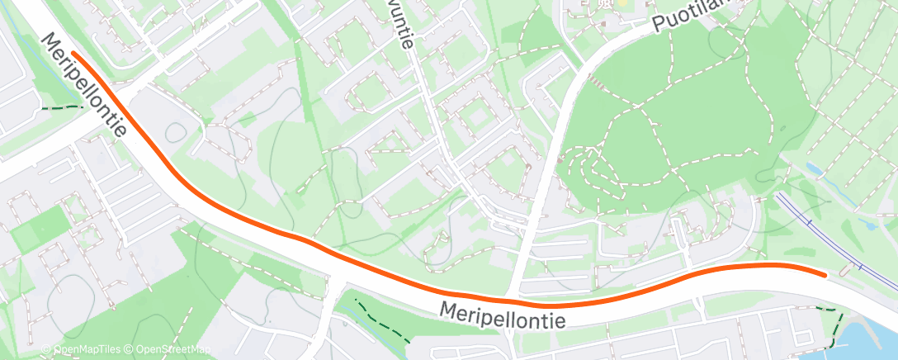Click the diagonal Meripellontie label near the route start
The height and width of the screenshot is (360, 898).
click(x=86, y=85)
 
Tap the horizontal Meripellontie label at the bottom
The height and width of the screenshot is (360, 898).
click(x=503, y=315)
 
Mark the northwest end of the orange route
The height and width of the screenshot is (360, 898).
click(x=73, y=53)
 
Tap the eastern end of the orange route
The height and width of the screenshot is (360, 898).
click(x=824, y=274)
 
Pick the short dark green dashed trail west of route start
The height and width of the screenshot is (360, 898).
click(x=62, y=107)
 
